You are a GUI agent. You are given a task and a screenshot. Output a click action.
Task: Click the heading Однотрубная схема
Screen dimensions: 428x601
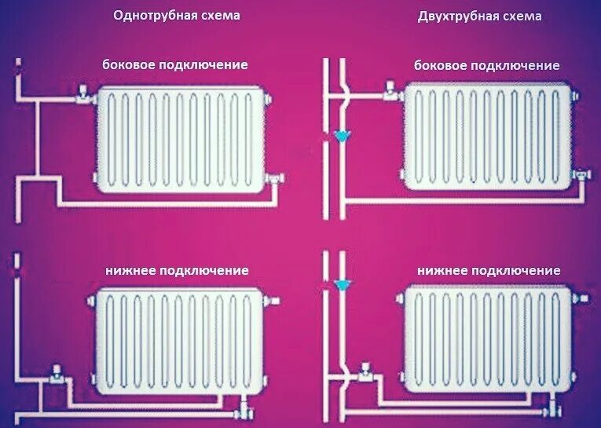tap(176, 16)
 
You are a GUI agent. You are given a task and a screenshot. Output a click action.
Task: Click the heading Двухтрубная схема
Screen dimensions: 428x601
tap(479, 16)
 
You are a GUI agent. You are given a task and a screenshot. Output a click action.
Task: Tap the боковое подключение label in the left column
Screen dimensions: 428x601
tap(175, 65)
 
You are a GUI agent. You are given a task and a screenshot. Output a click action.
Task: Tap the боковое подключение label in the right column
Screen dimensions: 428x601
tap(487, 65)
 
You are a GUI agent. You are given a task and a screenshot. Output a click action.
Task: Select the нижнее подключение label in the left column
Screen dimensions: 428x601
tap(177, 270)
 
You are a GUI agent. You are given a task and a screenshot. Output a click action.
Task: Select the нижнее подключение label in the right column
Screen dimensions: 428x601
tap(489, 270)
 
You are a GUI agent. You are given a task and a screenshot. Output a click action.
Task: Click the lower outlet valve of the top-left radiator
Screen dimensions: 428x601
tap(273, 180)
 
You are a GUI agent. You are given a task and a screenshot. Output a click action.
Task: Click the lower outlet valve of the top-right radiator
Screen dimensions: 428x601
tap(581, 174)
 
